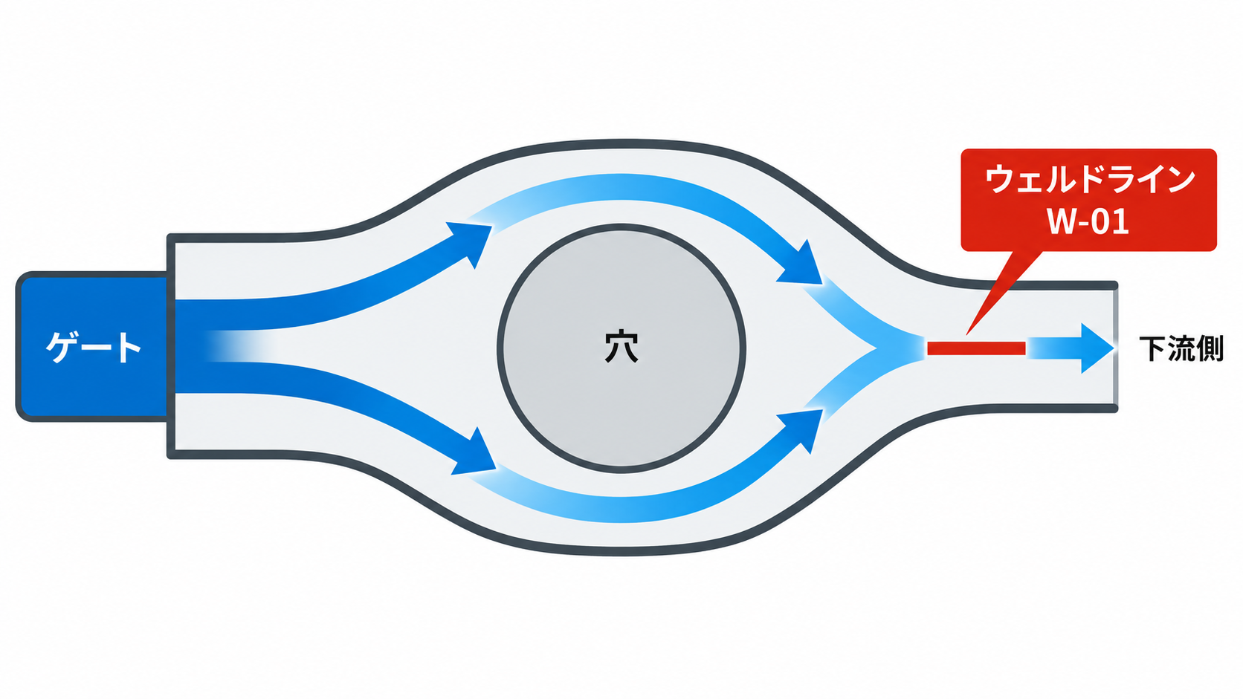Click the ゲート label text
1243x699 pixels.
click(x=93, y=348)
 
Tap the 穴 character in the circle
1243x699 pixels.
click(x=621, y=347)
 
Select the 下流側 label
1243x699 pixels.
click(x=1181, y=348)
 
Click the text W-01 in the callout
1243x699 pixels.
click(x=1088, y=221)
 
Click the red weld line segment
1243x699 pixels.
click(x=976, y=348)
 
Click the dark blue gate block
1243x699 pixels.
click(x=92, y=347)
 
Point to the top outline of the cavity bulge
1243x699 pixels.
click(x=621, y=143)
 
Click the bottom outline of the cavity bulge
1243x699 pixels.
click(x=621, y=552)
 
